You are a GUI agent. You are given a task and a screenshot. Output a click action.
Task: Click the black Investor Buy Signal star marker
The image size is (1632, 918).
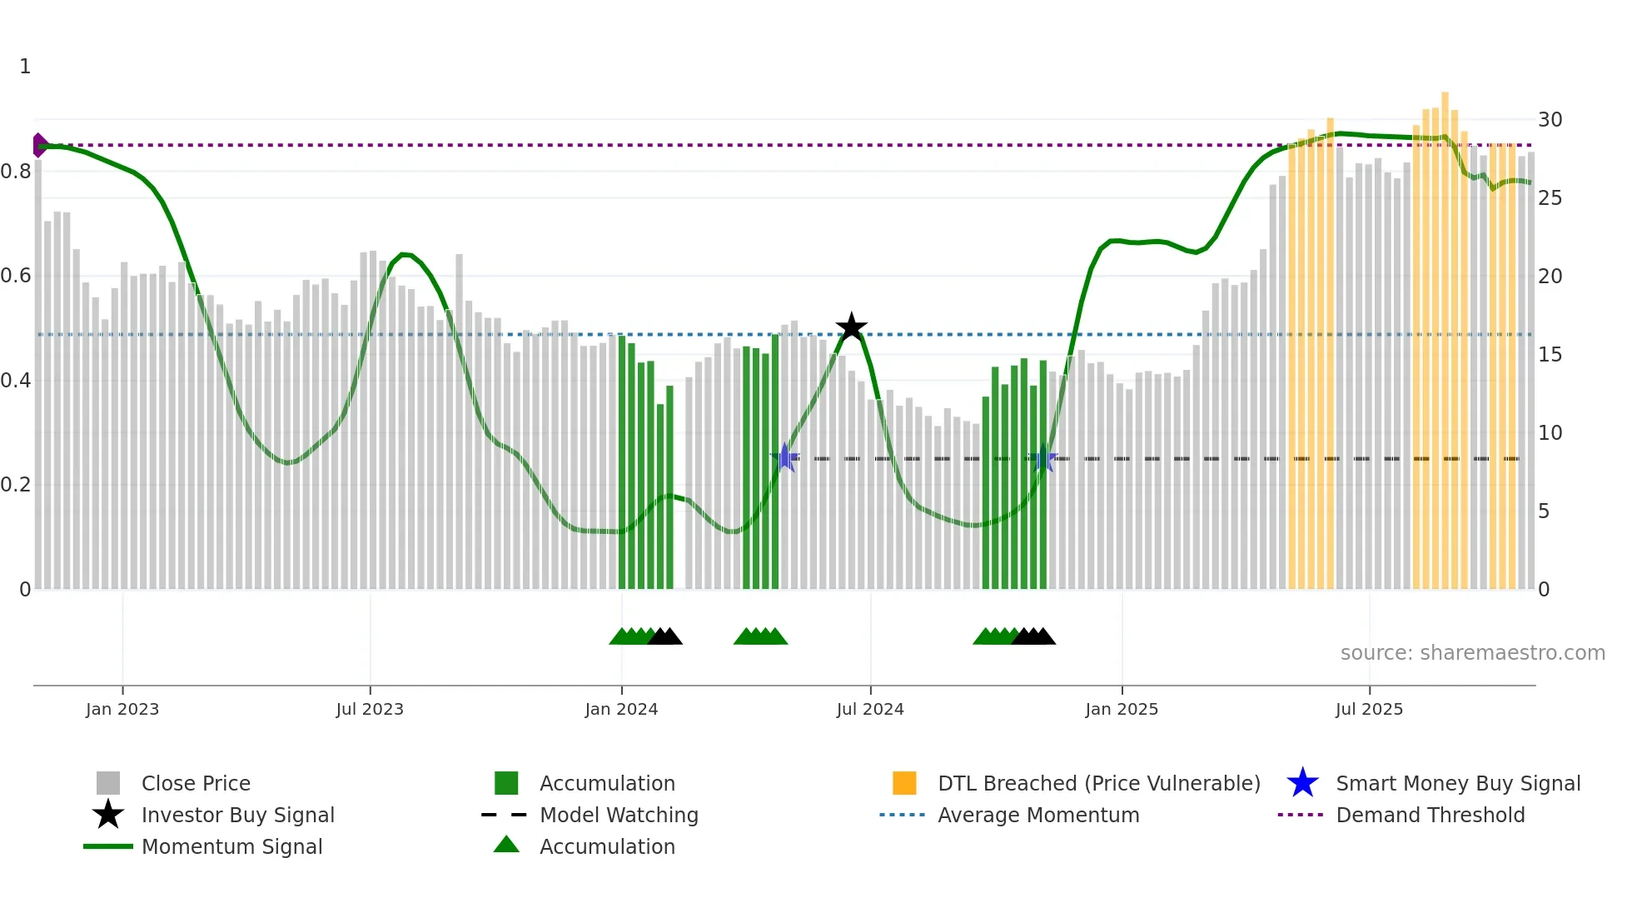pyautogui.click(x=851, y=327)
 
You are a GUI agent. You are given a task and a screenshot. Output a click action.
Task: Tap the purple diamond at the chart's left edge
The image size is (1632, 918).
pyautogui.click(x=39, y=145)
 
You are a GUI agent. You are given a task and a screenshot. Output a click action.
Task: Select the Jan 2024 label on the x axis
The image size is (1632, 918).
pyautogui.click(x=621, y=710)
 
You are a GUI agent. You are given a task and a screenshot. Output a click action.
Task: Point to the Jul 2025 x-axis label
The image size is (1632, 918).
pyautogui.click(x=1369, y=710)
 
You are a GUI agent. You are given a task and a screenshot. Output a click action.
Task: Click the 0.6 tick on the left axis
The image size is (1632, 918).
pyautogui.click(x=17, y=276)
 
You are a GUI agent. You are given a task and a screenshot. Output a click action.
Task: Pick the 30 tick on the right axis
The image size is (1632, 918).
pyautogui.click(x=1550, y=120)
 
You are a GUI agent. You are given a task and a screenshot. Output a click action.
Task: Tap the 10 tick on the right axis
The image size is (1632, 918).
pyautogui.click(x=1550, y=433)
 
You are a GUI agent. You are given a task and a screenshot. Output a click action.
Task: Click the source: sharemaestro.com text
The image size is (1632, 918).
pyautogui.click(x=1472, y=653)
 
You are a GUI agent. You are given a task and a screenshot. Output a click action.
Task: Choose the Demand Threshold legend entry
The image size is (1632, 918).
pyautogui.click(x=1430, y=816)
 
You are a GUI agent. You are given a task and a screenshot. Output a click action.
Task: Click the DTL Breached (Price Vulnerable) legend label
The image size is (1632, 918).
pyautogui.click(x=1098, y=784)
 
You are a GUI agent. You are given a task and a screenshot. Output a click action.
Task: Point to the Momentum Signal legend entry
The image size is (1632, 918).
pyautogui.click(x=231, y=847)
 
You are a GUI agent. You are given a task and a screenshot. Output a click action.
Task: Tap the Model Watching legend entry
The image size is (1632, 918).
pyautogui.click(x=619, y=816)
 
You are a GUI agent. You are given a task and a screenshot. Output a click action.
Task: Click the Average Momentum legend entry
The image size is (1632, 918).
pyautogui.click(x=1038, y=816)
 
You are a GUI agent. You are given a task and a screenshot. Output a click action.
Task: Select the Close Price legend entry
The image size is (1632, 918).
pyautogui.click(x=196, y=784)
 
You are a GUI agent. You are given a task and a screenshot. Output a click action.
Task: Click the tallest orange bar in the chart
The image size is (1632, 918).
pyautogui.click(x=1445, y=333)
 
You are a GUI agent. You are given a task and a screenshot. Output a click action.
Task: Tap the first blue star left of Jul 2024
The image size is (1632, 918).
pyautogui.click(x=784, y=457)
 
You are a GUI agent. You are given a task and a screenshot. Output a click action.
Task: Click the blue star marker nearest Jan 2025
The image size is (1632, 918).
pyautogui.click(x=1042, y=458)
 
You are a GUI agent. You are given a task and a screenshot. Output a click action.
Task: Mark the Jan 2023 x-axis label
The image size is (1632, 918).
pyautogui.click(x=122, y=710)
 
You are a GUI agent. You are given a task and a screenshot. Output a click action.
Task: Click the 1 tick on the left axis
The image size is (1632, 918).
pyautogui.click(x=25, y=67)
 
